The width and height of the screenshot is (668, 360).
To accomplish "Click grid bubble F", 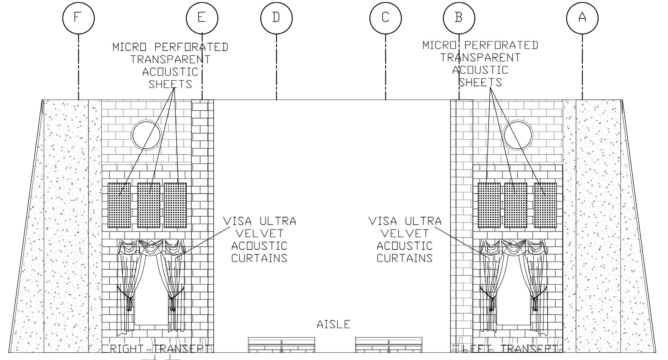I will [78, 17].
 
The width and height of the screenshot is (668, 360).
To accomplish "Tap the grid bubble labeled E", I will [202, 17].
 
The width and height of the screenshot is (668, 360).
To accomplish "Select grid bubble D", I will [276, 17].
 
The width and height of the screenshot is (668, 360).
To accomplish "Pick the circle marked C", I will [386, 17].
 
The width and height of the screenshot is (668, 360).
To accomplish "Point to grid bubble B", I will [459, 17].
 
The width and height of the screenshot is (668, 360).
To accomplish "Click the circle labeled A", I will [582, 17].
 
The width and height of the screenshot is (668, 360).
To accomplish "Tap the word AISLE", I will [334, 324].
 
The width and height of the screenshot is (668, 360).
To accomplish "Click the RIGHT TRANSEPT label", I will [160, 349].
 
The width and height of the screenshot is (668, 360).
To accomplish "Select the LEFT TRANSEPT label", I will [510, 349].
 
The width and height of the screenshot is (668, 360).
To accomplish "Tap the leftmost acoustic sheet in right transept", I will [119, 205].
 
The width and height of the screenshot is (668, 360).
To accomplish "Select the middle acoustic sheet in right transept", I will [149, 205].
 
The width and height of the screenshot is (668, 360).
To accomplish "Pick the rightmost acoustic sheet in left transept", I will [545, 205].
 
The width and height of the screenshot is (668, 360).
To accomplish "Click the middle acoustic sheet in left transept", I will [516, 205].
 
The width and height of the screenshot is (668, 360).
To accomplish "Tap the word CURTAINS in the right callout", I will [405, 258].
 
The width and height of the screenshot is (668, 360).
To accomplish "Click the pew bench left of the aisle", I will [281, 345].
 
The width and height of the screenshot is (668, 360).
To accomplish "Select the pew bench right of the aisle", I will [389, 345].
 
